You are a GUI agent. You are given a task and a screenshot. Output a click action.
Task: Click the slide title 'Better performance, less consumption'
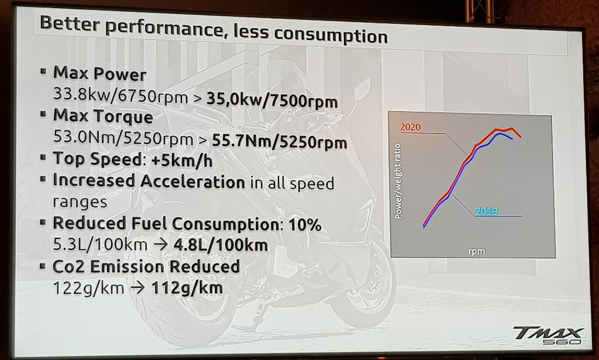click(213, 30)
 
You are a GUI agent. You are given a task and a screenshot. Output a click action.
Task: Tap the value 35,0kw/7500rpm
click(272, 100)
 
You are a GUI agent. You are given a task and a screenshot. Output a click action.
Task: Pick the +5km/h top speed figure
click(182, 161)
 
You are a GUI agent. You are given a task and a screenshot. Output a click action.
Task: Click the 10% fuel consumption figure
click(305, 225)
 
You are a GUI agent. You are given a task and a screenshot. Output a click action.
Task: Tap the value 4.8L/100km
click(221, 245)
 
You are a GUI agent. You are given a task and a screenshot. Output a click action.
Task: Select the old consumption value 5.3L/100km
click(100, 245)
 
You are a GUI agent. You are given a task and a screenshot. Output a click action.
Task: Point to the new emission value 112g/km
click(187, 288)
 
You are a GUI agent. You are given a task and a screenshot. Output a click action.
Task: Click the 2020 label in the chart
click(410, 127)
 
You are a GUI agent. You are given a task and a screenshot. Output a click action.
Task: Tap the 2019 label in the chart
click(486, 211)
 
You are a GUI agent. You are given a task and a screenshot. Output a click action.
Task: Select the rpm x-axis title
click(476, 251)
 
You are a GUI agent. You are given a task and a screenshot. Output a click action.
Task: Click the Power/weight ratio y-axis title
click(398, 181)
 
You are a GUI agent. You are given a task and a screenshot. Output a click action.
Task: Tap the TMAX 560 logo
click(547, 335)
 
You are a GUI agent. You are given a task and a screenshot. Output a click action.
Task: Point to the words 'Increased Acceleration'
click(149, 181)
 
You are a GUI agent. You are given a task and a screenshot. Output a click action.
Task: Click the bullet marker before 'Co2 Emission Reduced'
click(43, 266)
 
